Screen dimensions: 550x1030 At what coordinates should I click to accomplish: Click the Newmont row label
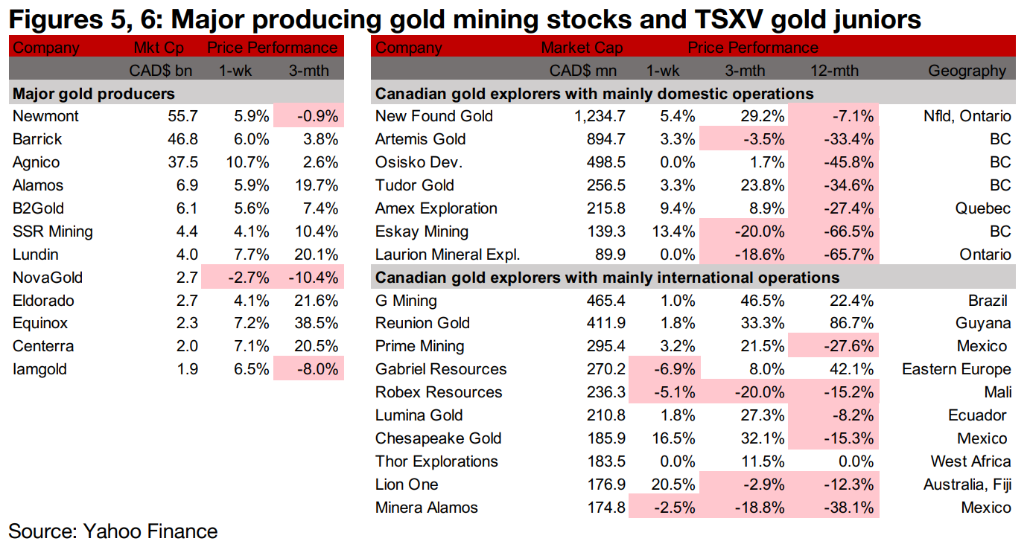tap(45, 116)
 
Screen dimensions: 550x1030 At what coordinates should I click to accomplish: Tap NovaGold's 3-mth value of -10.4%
tap(314, 278)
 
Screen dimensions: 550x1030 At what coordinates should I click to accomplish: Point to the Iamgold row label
tap(39, 370)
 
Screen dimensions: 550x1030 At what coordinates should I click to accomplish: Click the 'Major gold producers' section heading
tap(94, 94)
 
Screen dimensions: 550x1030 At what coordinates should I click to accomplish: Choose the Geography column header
tap(967, 71)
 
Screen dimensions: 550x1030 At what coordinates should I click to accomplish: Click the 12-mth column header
tap(834, 71)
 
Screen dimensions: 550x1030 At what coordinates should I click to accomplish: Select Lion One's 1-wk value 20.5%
tap(675, 485)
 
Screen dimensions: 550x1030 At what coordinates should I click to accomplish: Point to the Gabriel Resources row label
tap(441, 370)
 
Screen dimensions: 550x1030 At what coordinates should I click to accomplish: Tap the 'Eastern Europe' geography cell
tap(956, 370)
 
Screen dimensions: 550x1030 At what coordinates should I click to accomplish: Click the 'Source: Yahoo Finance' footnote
tap(113, 531)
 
